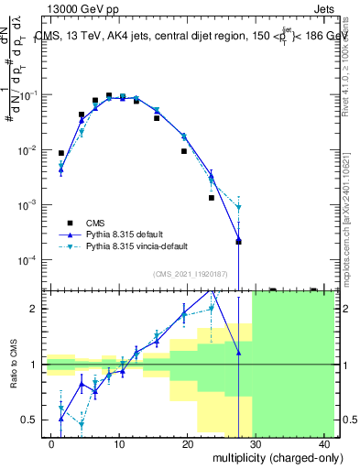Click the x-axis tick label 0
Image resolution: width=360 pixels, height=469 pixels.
pyautogui.click(x=51, y=444)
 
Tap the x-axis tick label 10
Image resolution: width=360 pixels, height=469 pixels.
pyautogui.click(x=119, y=444)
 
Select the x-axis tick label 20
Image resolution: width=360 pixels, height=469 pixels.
pyautogui.click(x=188, y=444)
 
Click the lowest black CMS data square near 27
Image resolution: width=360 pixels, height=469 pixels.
pyautogui.click(x=238, y=242)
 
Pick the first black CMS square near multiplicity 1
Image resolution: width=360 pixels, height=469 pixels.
pyautogui.click(x=61, y=153)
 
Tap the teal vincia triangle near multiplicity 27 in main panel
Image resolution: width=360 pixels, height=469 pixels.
pyautogui.click(x=238, y=207)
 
